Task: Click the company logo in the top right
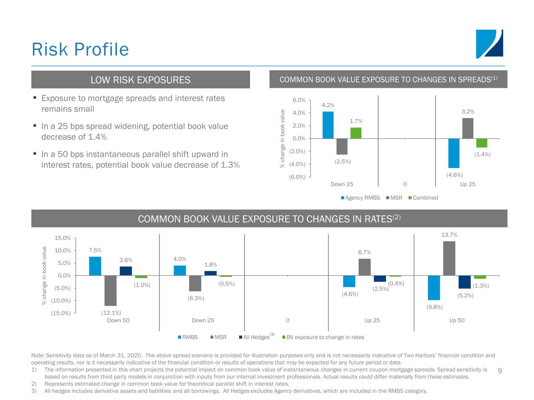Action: pyautogui.click(x=489, y=44)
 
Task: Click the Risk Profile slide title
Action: pyautogui.click(x=80, y=50)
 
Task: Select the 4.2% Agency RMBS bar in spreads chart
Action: pyautogui.click(x=328, y=125)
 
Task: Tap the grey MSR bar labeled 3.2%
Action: pyautogui.click(x=467, y=128)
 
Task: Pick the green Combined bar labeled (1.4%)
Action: pyautogui.click(x=482, y=143)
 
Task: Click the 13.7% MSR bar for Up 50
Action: pyautogui.click(x=449, y=258)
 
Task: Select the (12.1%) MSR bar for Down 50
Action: pyautogui.click(x=110, y=290)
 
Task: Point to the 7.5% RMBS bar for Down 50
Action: pyautogui.click(x=95, y=266)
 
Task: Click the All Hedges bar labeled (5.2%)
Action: pyautogui.click(x=464, y=282)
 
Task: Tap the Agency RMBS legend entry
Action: pyautogui.click(x=360, y=198)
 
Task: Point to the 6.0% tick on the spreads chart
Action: pyautogui.click(x=299, y=100)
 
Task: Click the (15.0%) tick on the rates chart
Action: pyautogui.click(x=61, y=313)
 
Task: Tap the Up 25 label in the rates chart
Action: pyautogui.click(x=372, y=320)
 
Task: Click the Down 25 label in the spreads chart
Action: pyautogui.click(x=342, y=184)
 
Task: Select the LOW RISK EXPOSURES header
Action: pyautogui.click(x=140, y=80)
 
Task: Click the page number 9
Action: pyautogui.click(x=500, y=371)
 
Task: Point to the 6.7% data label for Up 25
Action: pyautogui.click(x=365, y=252)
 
